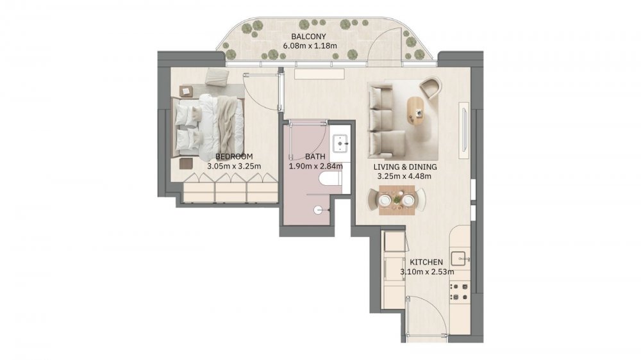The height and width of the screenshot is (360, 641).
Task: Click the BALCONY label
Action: pos(309,37)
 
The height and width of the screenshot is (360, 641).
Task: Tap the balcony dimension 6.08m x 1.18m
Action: pos(310,45)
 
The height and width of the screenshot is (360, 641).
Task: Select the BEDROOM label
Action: pos(234,156)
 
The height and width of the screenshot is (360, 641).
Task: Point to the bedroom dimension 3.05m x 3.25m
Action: pos(234,167)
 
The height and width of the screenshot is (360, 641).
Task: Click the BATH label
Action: pos(315,156)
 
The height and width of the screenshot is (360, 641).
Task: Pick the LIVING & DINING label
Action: pos(404,167)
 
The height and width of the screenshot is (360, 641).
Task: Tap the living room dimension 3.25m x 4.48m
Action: pos(404,177)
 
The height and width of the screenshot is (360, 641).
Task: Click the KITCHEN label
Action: pos(426,262)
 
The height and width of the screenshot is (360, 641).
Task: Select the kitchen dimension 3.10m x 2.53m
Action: pos(427,272)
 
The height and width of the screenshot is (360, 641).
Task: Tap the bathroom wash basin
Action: pos(340,142)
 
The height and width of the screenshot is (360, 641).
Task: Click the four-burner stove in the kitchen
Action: pos(459,291)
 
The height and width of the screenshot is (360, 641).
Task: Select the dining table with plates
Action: pos(397,200)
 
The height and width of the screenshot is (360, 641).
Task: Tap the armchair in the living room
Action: pos(431,88)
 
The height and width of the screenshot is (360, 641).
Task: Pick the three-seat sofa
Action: pos(381,121)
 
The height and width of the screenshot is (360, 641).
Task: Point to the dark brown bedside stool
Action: pos(186,163)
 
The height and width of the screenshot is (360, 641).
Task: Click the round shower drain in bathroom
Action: pos(318,211)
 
